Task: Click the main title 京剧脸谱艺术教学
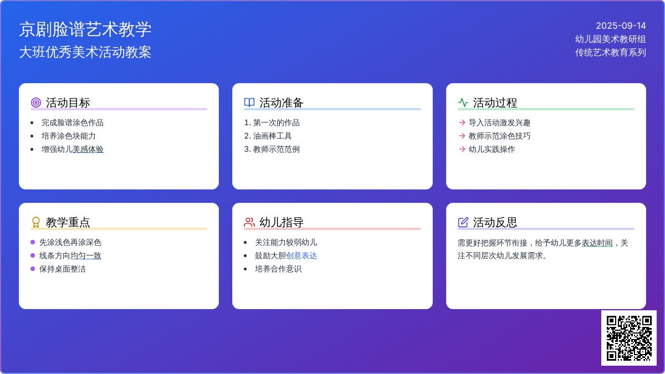[x=85, y=29]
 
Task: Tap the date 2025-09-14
[x=621, y=26]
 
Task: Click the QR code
[x=629, y=338]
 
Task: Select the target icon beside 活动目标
[x=36, y=103]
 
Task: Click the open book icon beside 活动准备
[x=249, y=103]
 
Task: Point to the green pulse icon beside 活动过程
[x=463, y=103]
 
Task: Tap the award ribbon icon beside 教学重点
[x=36, y=222]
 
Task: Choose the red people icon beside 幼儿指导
[x=249, y=222]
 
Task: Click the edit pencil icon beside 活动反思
[x=463, y=222]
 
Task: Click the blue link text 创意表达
[x=301, y=255]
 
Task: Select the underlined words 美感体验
[x=88, y=149]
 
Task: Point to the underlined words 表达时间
[x=597, y=243]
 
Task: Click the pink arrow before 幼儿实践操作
[x=462, y=149]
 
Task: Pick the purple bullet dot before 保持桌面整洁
[x=33, y=269]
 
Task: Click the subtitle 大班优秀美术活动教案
[x=85, y=52]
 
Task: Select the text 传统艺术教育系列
[x=610, y=53]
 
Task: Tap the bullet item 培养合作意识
[x=278, y=269]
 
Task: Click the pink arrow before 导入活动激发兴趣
[x=462, y=122]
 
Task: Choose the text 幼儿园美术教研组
[x=610, y=39]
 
